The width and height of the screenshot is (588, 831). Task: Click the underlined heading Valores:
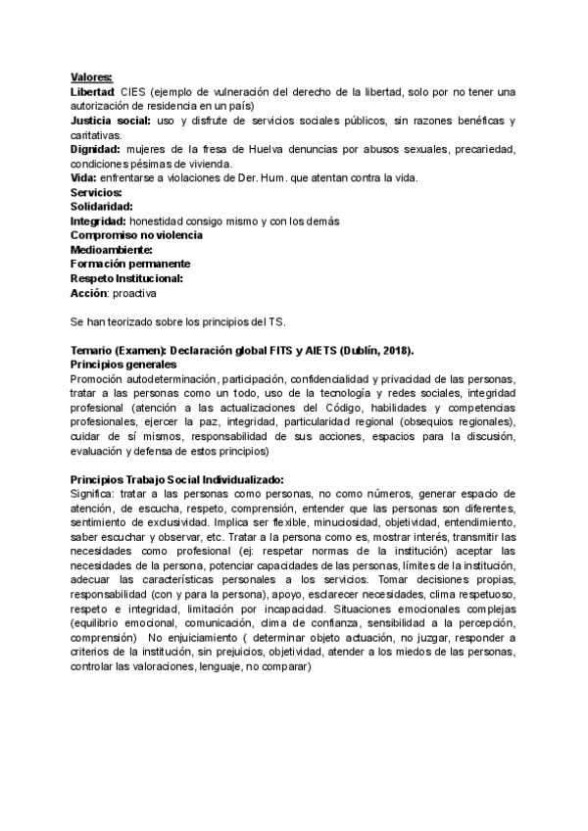pyautogui.click(x=91, y=77)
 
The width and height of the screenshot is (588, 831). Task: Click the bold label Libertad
pyautogui.click(x=94, y=92)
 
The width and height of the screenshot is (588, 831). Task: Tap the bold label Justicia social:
pyautogui.click(x=111, y=121)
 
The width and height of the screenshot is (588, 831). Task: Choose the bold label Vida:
pyautogui.click(x=83, y=177)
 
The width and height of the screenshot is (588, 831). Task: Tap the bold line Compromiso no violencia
pyautogui.click(x=137, y=235)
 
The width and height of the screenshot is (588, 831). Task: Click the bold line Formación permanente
pyautogui.click(x=130, y=264)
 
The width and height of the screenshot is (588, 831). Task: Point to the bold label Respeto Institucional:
pyautogui.click(x=127, y=278)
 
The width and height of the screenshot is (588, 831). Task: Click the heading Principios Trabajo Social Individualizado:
pyautogui.click(x=177, y=479)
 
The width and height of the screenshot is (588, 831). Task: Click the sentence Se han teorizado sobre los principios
pyautogui.click(x=191, y=321)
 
